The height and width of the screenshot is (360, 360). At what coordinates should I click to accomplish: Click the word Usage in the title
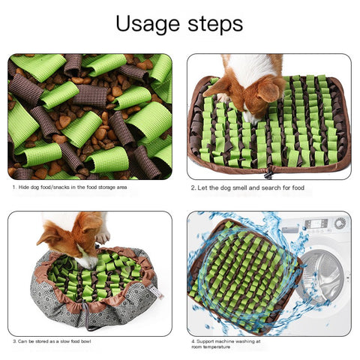point(148,24)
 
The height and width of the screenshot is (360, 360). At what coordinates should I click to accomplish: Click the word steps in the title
point(215,24)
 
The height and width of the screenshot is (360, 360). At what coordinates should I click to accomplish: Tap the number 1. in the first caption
point(14,187)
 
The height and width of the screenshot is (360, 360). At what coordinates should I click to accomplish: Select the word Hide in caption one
point(24,187)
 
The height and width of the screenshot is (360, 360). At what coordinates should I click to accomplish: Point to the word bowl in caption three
point(85,341)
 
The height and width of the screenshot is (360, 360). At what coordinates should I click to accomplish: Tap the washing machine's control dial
point(340,223)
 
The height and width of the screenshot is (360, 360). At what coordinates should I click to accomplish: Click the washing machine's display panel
point(316,223)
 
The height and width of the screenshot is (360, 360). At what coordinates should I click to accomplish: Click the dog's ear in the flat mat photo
point(268,91)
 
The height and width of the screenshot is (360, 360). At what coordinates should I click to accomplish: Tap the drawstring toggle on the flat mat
point(268,173)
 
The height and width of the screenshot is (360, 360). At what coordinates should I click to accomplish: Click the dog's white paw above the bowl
point(103,237)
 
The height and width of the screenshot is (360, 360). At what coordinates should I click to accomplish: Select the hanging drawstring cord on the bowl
point(87,316)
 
